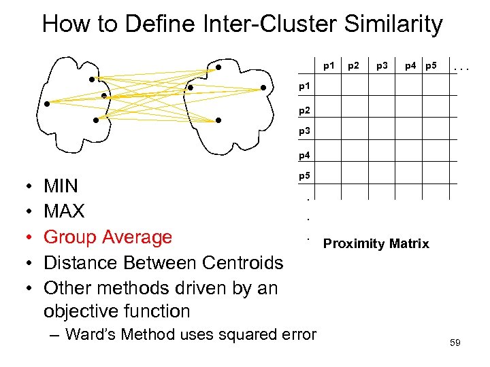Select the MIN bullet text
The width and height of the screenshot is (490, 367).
pyautogui.click(x=61, y=186)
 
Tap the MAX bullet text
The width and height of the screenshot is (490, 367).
pyautogui.click(x=64, y=211)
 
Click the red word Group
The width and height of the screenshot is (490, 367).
pyautogui.click(x=71, y=237)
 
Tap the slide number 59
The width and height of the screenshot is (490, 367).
pyautogui.click(x=455, y=343)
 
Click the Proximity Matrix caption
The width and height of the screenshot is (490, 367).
pyautogui.click(x=376, y=243)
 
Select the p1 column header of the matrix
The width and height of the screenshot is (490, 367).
pyautogui.click(x=329, y=66)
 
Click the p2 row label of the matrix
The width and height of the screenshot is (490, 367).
pyautogui.click(x=306, y=109)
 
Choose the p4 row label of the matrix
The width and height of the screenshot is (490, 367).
pyautogui.click(x=306, y=155)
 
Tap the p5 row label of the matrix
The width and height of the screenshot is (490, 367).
pyautogui.click(x=306, y=176)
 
